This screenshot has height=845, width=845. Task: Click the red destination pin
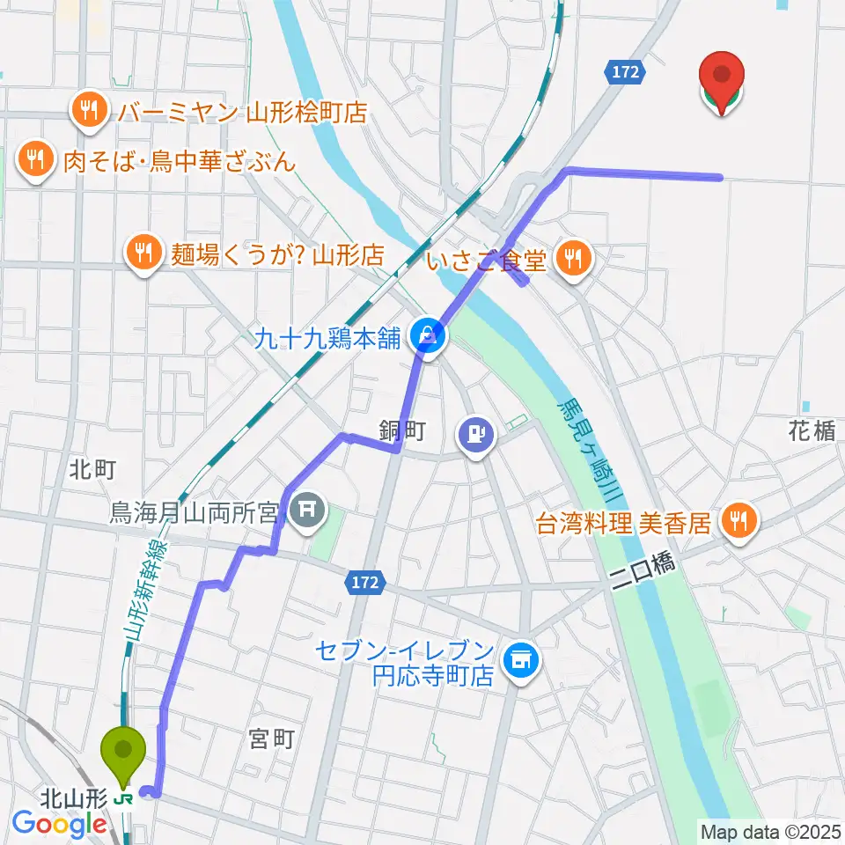[721, 79]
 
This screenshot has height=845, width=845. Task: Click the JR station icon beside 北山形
[124, 799]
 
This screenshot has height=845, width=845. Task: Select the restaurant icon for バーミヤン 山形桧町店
[89, 110]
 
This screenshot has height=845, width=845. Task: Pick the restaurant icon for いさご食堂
[574, 257]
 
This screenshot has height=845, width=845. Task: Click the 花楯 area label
[811, 430]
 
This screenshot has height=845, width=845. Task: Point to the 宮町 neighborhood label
[270, 738]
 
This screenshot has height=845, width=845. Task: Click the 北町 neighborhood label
[92, 469]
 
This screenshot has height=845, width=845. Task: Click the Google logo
[59, 824]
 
